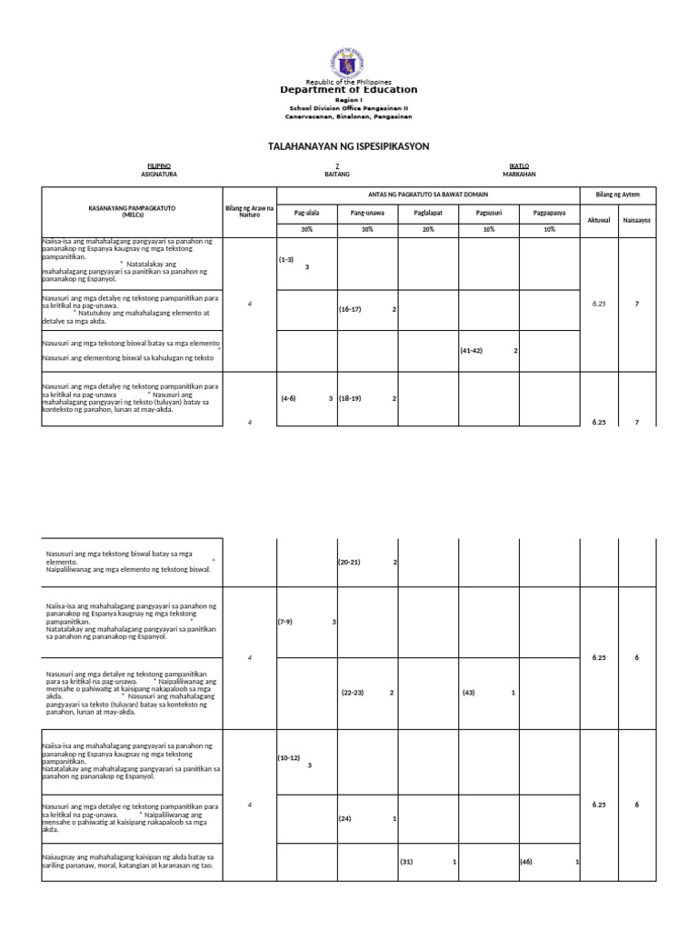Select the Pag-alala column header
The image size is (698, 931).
click(x=307, y=213)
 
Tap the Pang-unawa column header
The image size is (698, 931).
click(x=367, y=213)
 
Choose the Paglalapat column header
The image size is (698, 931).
click(x=427, y=213)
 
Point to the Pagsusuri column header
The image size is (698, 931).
click(x=488, y=213)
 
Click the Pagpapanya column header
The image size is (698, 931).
click(x=549, y=213)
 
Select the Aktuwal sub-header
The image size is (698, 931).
click(x=599, y=220)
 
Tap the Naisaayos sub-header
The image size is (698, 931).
click(x=636, y=220)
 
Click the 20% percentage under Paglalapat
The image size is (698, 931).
click(x=427, y=230)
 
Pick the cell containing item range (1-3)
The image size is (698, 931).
click(x=286, y=259)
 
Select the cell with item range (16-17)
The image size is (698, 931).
click(x=350, y=309)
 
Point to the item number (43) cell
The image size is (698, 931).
click(x=469, y=693)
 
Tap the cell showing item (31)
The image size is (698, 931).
click(x=406, y=862)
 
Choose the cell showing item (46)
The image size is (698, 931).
click(x=527, y=862)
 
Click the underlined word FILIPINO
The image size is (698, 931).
click(x=159, y=165)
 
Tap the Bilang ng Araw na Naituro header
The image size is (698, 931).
click(x=249, y=213)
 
